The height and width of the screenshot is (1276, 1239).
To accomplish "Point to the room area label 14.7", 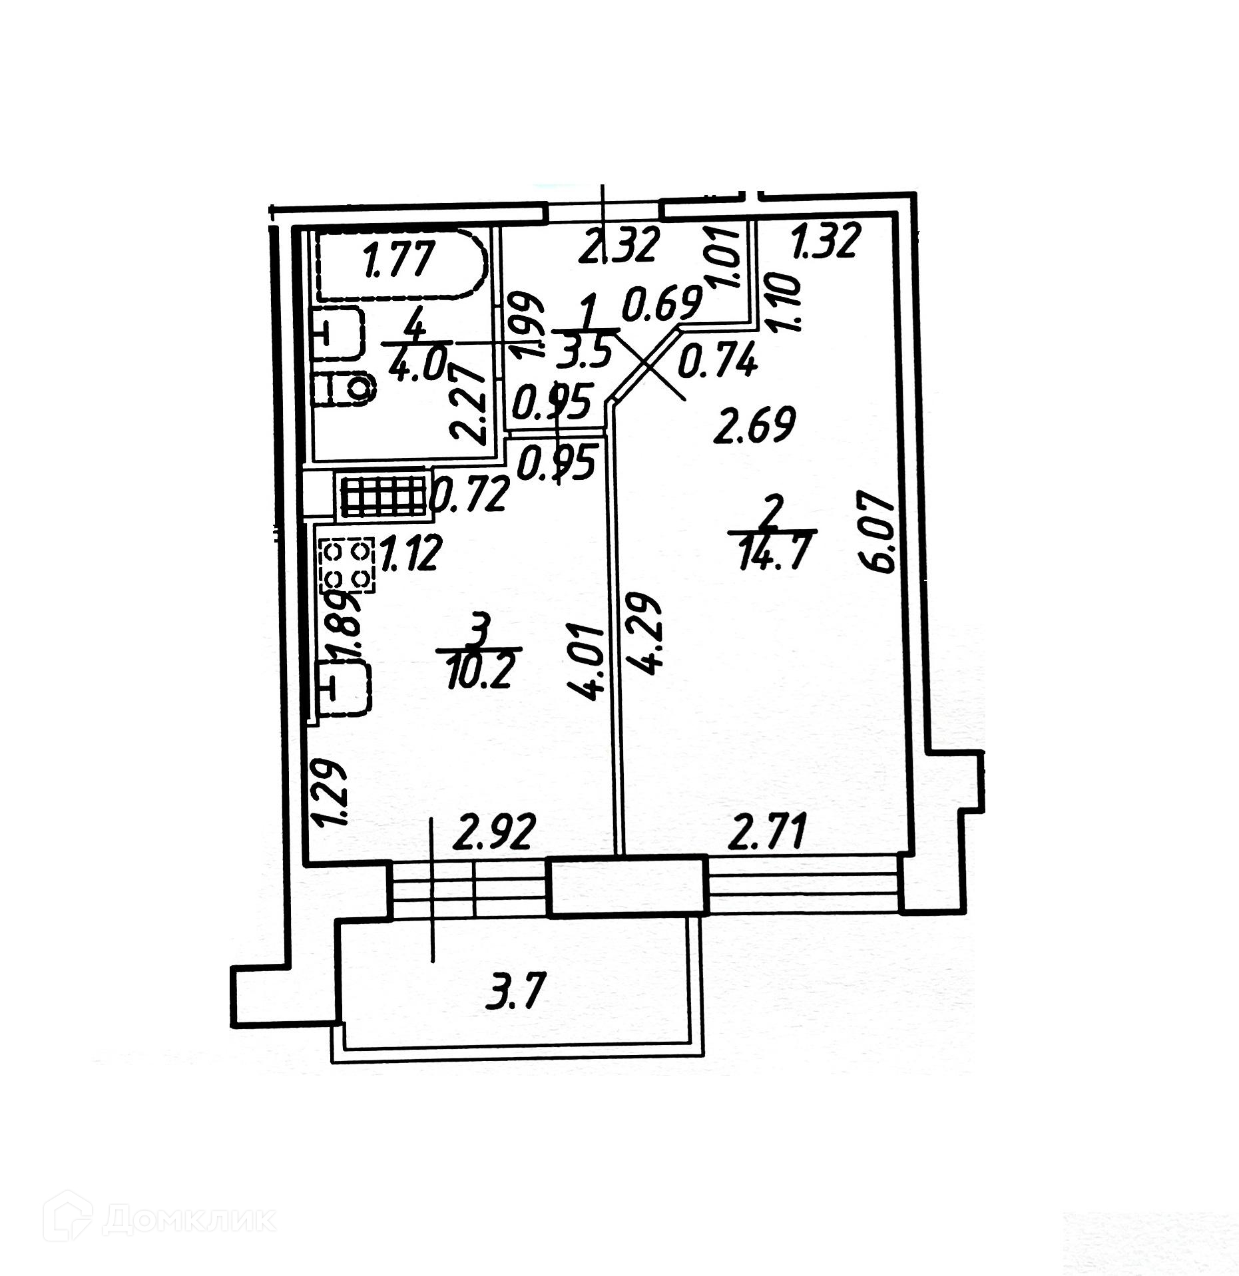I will [x=772, y=551].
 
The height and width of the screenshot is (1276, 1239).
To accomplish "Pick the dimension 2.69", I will [x=754, y=427].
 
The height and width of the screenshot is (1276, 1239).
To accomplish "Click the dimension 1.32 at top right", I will [x=826, y=241].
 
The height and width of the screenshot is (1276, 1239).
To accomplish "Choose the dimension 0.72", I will [x=470, y=495].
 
